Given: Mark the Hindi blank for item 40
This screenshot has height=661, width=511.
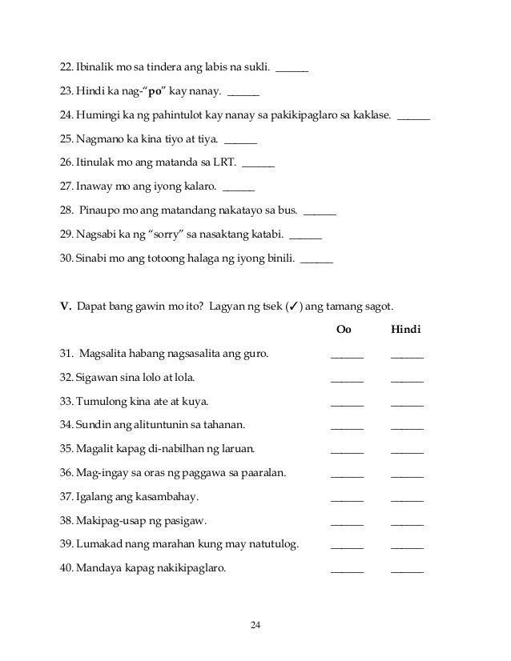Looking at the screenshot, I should click(x=408, y=573).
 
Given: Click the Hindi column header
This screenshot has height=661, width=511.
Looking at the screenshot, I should click(x=406, y=330).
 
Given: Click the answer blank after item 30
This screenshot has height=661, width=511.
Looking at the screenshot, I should click(x=317, y=262).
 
